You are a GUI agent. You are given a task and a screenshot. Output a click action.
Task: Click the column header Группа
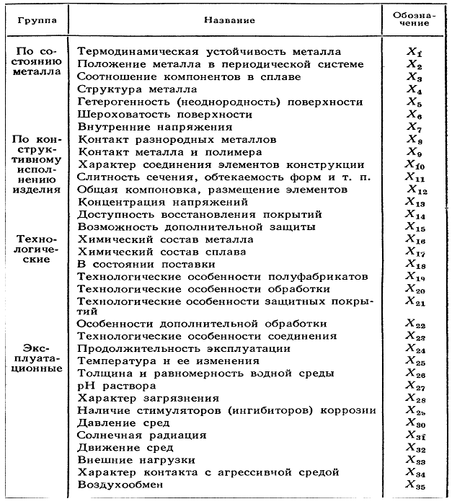click(x=36, y=19)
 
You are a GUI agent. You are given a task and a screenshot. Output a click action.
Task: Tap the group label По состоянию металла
click(x=36, y=64)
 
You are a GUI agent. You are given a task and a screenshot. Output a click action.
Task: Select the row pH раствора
click(x=112, y=386)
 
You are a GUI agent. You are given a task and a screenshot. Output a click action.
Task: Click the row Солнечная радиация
click(x=141, y=435)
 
